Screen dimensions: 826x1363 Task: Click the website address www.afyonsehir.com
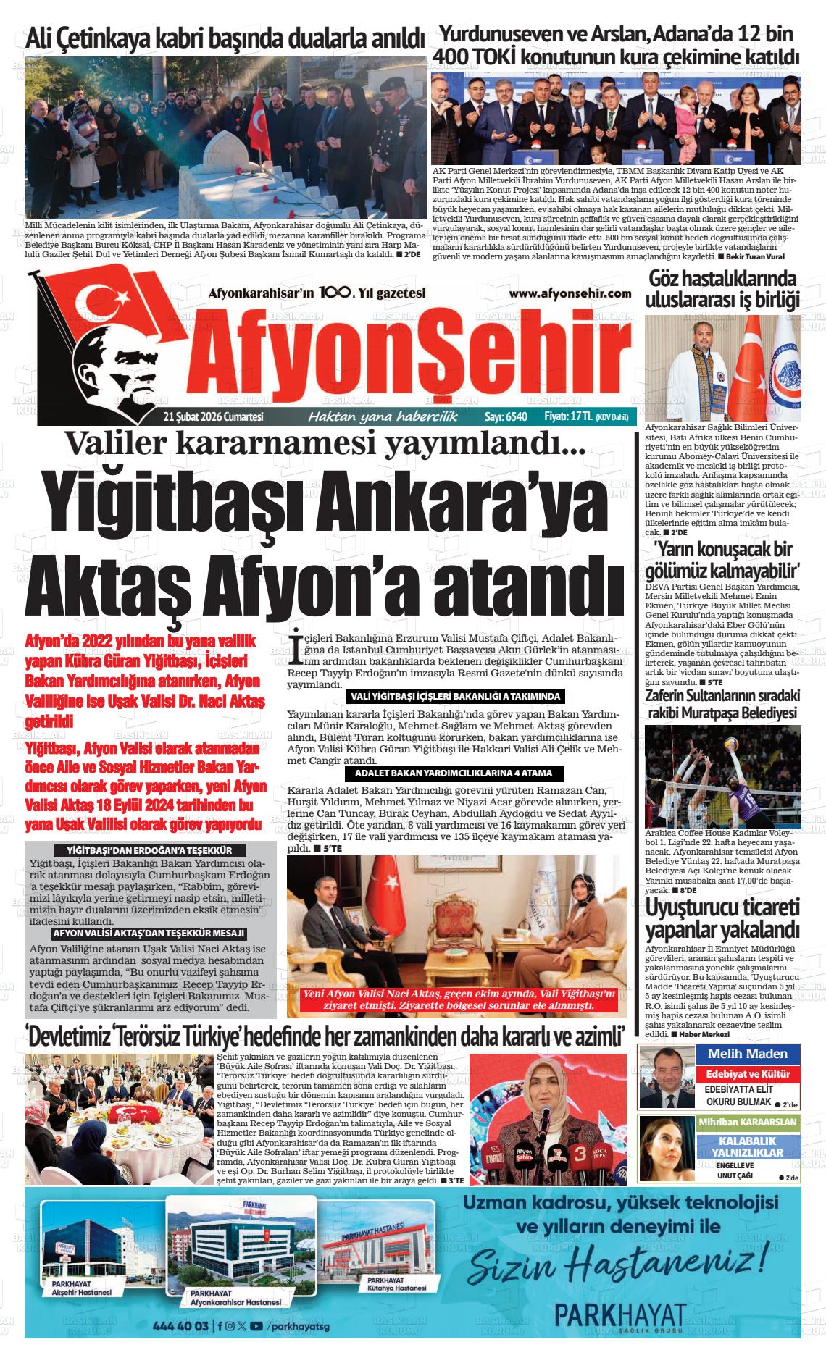point(570,293)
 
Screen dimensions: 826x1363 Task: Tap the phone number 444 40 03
point(181,1326)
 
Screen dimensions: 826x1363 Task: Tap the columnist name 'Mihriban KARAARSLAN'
point(747,1122)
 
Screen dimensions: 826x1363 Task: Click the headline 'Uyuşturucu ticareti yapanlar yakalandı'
point(722,918)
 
